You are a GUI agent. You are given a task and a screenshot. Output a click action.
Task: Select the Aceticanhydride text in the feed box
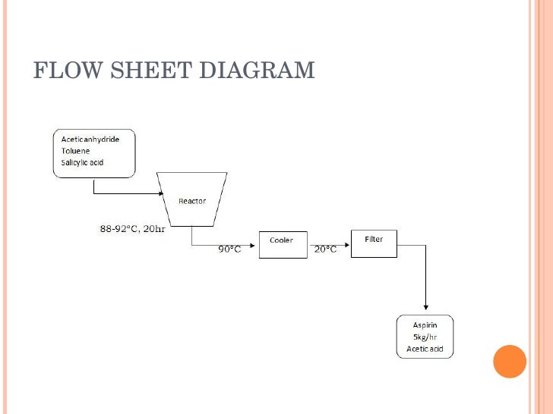(90, 140)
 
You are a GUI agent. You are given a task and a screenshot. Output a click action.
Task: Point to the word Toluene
(75, 150)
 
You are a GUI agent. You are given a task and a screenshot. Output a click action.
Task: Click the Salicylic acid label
(82, 162)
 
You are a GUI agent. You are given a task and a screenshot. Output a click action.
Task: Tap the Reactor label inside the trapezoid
(191, 201)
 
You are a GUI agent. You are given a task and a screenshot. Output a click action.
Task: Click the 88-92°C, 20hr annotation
(132, 229)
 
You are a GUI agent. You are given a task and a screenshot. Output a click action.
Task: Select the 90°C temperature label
(229, 249)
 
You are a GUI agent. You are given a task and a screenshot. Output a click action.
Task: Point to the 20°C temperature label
(325, 249)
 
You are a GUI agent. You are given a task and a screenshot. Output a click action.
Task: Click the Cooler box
(283, 244)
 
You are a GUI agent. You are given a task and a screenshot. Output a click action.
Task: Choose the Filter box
(374, 243)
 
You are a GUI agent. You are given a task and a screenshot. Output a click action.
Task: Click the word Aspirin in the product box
(425, 325)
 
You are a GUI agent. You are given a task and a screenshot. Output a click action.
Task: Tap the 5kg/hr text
(425, 337)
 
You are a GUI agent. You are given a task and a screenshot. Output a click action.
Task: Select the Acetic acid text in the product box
(425, 349)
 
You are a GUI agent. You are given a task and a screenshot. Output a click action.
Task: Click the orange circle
(510, 362)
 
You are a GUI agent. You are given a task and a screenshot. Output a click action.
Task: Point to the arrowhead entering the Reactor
(160, 194)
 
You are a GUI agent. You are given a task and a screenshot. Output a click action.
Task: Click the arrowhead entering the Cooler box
(255, 245)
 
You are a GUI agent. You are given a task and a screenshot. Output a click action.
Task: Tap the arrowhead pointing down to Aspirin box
(425, 308)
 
